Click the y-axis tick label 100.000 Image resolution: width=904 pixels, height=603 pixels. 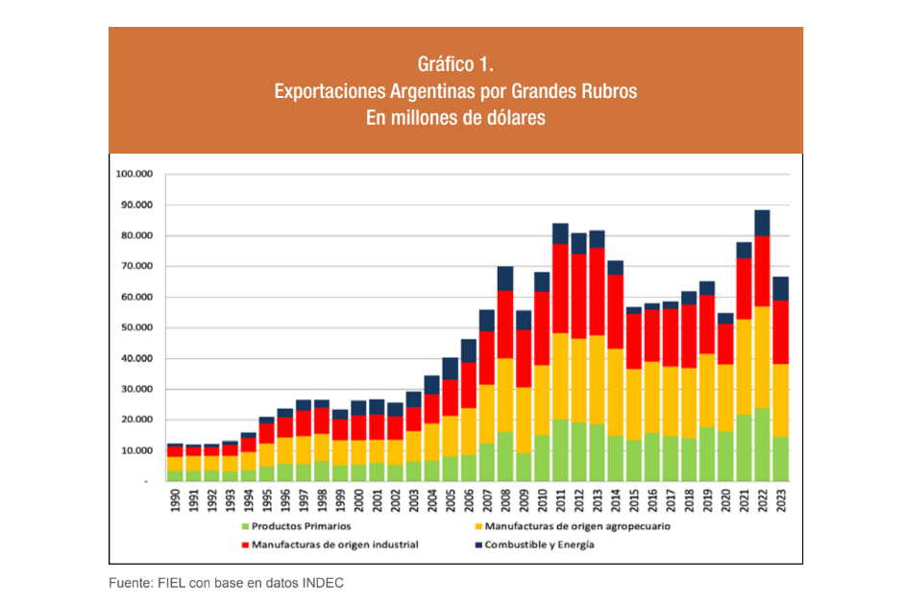point(134,175)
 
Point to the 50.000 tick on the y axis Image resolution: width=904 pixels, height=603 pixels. point(136,327)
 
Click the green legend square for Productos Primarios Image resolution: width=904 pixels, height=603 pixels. point(245,526)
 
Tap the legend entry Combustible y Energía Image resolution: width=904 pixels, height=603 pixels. point(539,544)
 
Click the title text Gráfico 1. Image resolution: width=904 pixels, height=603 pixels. point(455,65)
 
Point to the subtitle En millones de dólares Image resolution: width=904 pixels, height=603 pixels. point(455,119)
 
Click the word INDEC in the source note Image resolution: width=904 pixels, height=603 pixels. point(325,582)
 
